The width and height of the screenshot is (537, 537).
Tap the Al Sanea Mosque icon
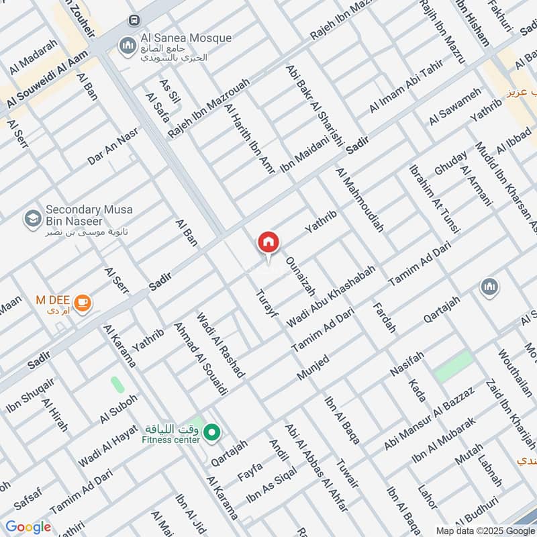(126, 46)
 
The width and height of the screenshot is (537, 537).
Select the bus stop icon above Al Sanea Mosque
(135, 21)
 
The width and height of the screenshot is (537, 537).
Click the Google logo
(28, 527)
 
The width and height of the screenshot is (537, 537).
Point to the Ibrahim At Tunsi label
(435, 198)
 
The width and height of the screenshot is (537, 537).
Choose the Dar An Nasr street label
(113, 148)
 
